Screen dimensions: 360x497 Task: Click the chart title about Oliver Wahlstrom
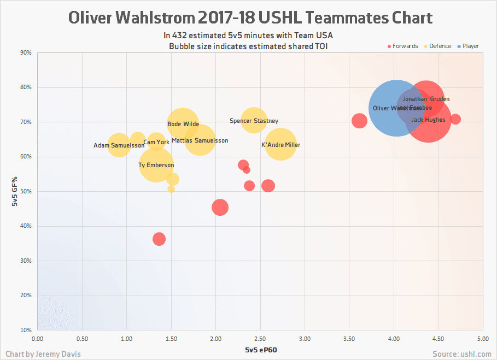point(250,17)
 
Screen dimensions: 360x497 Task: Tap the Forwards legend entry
point(403,46)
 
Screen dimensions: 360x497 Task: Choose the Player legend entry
point(469,46)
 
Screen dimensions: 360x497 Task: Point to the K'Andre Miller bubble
point(280,145)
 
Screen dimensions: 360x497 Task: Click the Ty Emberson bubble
point(156,166)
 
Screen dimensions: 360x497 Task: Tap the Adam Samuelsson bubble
point(119,145)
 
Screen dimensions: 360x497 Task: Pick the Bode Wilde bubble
point(183,124)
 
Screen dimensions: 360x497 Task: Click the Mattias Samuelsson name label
point(200,141)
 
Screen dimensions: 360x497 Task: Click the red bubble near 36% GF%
point(159,239)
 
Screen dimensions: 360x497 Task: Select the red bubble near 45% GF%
point(220,208)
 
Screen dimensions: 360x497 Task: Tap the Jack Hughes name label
point(428,120)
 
